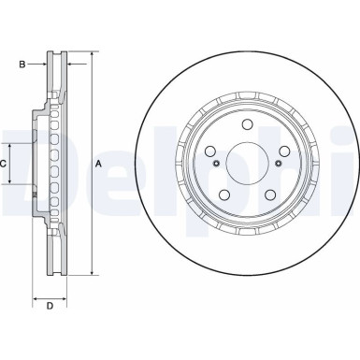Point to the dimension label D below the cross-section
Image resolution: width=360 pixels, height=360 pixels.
point(50,307)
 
